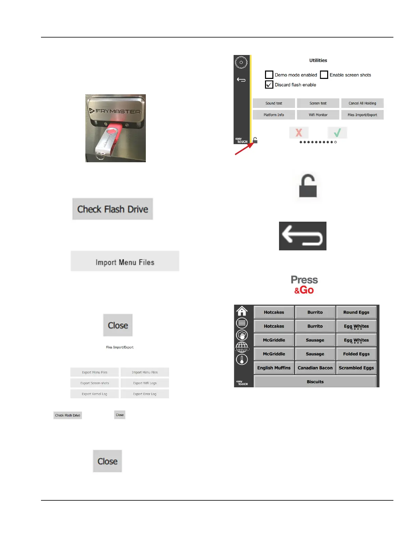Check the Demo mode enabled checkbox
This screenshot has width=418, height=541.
tap(269, 75)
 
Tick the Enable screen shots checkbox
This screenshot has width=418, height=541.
tap(324, 75)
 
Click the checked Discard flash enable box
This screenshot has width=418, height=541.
tap(269, 85)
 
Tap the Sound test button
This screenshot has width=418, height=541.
tap(274, 103)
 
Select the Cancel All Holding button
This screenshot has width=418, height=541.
tap(362, 103)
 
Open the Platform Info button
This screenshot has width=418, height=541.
tap(274, 115)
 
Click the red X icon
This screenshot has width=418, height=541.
tap(299, 133)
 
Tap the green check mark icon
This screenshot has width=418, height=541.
tap(337, 133)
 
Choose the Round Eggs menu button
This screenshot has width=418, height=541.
tap(356, 312)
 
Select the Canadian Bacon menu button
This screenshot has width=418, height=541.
tap(315, 368)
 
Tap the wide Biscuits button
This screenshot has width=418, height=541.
tap(315, 382)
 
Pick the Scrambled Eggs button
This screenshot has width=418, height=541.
tap(356, 368)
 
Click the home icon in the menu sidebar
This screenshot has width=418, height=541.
tap(242, 311)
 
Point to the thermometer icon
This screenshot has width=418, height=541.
tap(242, 359)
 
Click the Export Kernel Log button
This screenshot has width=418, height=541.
tap(94, 394)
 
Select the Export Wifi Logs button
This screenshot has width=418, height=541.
tap(145, 383)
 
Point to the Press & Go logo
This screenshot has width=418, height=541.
tap(304, 285)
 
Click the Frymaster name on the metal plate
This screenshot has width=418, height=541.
tap(118, 111)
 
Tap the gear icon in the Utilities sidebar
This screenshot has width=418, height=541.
tap(241, 63)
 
